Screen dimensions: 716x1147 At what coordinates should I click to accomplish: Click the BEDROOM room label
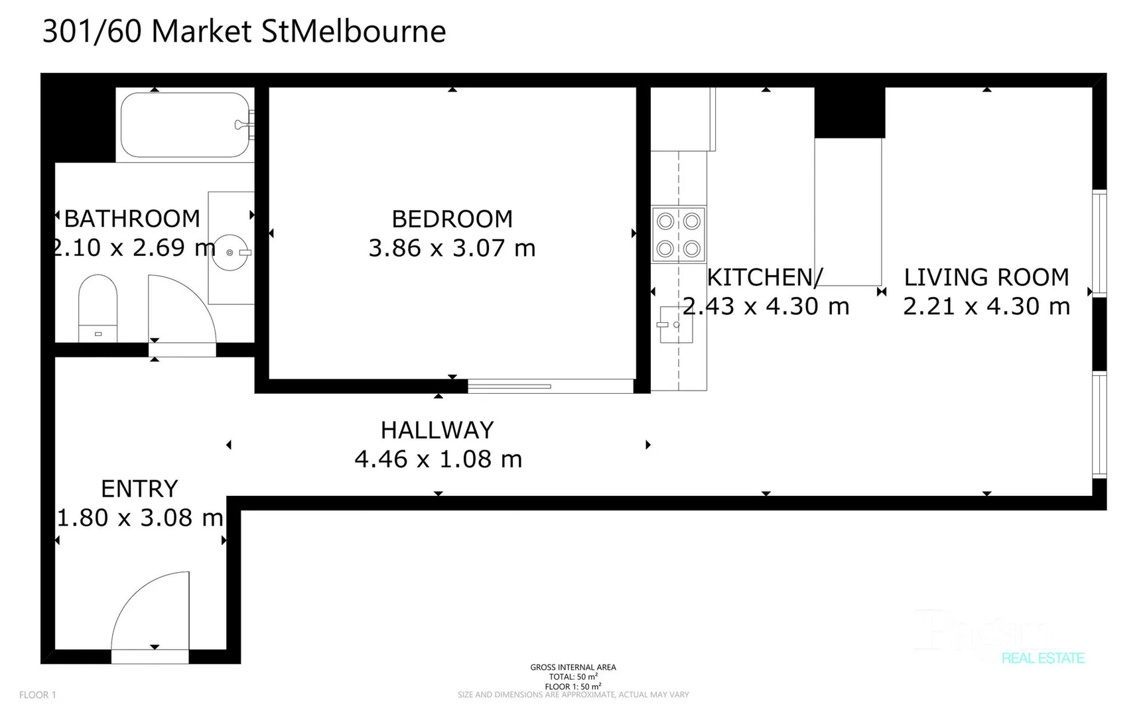[452, 219]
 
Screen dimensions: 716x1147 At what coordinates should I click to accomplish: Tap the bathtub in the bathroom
[185, 125]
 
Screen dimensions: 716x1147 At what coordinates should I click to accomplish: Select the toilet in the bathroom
[98, 308]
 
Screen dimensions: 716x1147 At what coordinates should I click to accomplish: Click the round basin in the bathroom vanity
[230, 253]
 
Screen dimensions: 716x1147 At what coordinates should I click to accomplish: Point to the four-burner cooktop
[678, 235]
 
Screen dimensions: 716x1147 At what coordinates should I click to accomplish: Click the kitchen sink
[675, 325]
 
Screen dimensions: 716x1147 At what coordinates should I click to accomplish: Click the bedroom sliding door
[509, 386]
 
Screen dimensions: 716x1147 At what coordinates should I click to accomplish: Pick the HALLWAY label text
[437, 430]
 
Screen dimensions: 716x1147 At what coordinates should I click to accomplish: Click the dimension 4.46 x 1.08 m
[438, 459]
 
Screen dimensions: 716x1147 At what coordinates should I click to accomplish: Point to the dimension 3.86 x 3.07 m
[452, 248]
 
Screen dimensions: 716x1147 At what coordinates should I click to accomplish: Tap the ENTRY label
[139, 489]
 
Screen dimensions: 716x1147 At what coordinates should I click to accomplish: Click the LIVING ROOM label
[986, 277]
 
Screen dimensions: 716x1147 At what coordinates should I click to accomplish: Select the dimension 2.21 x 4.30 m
[986, 306]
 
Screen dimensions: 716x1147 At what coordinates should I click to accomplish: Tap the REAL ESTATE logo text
[1043, 658]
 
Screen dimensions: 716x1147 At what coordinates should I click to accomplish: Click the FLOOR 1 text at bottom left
[38, 695]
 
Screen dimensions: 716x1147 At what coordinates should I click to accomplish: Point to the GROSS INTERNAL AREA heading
[573, 667]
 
